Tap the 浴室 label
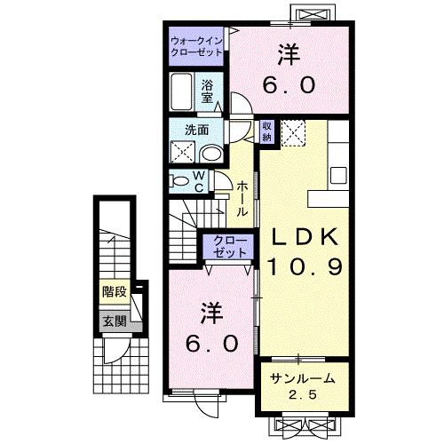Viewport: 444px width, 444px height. (x=206, y=92)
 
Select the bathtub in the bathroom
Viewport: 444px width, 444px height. (x=183, y=92)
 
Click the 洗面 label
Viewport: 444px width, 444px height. (x=197, y=130)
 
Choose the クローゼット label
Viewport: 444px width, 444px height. (x=229, y=246)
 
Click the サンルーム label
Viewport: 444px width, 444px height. (x=302, y=378)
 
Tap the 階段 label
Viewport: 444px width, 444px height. (x=113, y=291)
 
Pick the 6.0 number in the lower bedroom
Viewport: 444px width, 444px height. (x=211, y=343)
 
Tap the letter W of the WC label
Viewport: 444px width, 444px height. (x=200, y=176)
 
